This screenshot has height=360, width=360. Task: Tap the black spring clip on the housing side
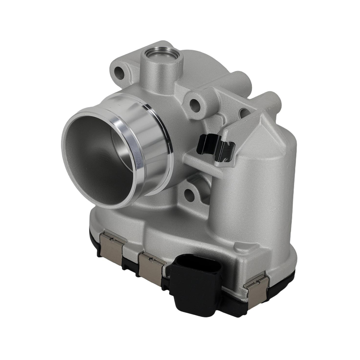click(x=215, y=147)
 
